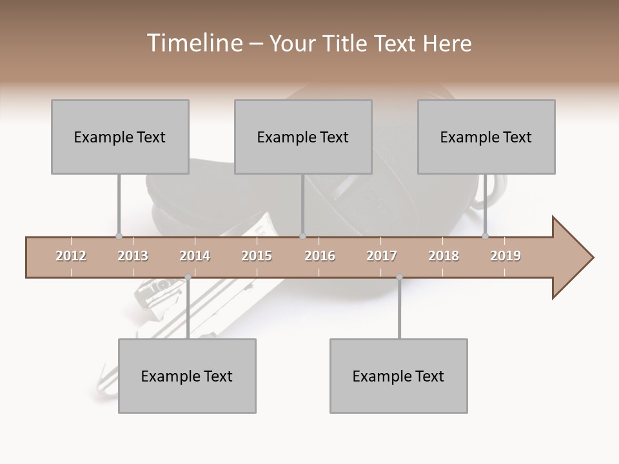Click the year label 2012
coord(71,256)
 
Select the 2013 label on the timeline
coord(133,256)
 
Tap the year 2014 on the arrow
coord(195,256)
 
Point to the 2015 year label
coord(257,256)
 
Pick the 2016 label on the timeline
coord(320,256)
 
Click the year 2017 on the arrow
coord(382,256)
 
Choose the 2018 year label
coord(444,256)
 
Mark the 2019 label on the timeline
coord(506,256)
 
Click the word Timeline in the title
coord(193,43)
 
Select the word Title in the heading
coord(346,43)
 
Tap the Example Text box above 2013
coord(120,137)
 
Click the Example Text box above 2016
coord(303,137)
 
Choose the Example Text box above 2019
coord(486,137)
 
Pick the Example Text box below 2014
coord(187,376)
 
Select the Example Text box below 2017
coord(398,376)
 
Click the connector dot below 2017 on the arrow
coord(399,277)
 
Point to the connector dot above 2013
coord(119,237)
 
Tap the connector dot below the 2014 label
coord(188,277)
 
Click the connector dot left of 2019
coord(486,237)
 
